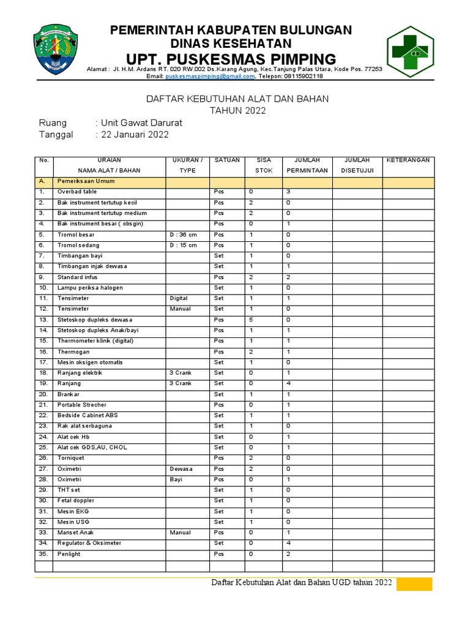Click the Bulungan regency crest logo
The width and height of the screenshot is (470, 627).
[54, 50]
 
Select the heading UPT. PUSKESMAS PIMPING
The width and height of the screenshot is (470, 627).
[231, 59]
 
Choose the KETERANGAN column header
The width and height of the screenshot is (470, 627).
[408, 160]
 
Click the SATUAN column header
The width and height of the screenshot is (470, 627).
[227, 160]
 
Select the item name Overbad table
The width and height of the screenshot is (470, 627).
[77, 192]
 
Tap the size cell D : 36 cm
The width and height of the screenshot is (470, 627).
[184, 235]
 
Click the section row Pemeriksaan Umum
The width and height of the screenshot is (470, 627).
[86, 181]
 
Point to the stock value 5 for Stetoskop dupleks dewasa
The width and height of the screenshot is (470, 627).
[251, 320]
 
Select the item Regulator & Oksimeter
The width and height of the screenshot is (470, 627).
[89, 543]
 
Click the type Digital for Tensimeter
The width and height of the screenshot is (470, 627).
[179, 298]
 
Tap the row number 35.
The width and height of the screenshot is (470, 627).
[43, 554]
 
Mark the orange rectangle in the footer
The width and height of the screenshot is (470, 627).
[414, 584]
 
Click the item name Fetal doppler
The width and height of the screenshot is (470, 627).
[76, 500]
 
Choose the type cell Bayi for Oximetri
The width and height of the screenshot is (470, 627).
[176, 479]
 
